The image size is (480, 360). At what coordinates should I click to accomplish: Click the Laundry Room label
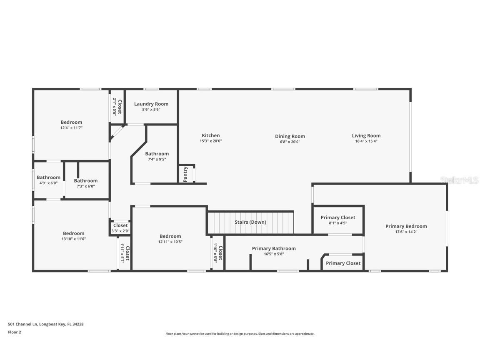(151, 104)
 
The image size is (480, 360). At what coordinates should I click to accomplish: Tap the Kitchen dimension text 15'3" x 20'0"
(210, 141)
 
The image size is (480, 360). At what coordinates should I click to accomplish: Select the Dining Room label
(290, 136)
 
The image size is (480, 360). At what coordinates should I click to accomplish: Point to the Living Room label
(366, 135)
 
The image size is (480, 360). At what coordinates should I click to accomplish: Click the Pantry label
(185, 174)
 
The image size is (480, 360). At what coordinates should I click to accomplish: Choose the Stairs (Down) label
(250, 222)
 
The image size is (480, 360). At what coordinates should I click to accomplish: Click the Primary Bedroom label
(406, 226)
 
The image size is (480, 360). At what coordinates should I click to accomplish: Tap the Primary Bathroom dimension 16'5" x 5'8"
(274, 254)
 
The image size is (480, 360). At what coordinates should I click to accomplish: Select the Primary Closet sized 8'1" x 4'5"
(338, 217)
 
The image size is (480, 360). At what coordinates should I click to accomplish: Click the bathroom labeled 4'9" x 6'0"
(48, 177)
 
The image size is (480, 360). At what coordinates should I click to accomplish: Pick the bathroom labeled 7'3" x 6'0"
(86, 181)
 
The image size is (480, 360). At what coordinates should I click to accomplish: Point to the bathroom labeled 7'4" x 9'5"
(157, 154)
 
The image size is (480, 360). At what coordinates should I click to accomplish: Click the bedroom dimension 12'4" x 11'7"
(71, 128)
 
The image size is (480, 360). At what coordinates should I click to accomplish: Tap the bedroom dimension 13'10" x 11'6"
(74, 239)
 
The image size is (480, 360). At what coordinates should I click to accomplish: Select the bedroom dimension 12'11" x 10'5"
(170, 242)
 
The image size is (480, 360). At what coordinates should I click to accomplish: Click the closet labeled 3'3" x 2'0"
(120, 225)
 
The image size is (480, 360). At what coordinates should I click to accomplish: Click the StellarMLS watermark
(459, 180)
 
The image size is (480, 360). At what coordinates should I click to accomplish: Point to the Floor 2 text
(14, 332)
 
